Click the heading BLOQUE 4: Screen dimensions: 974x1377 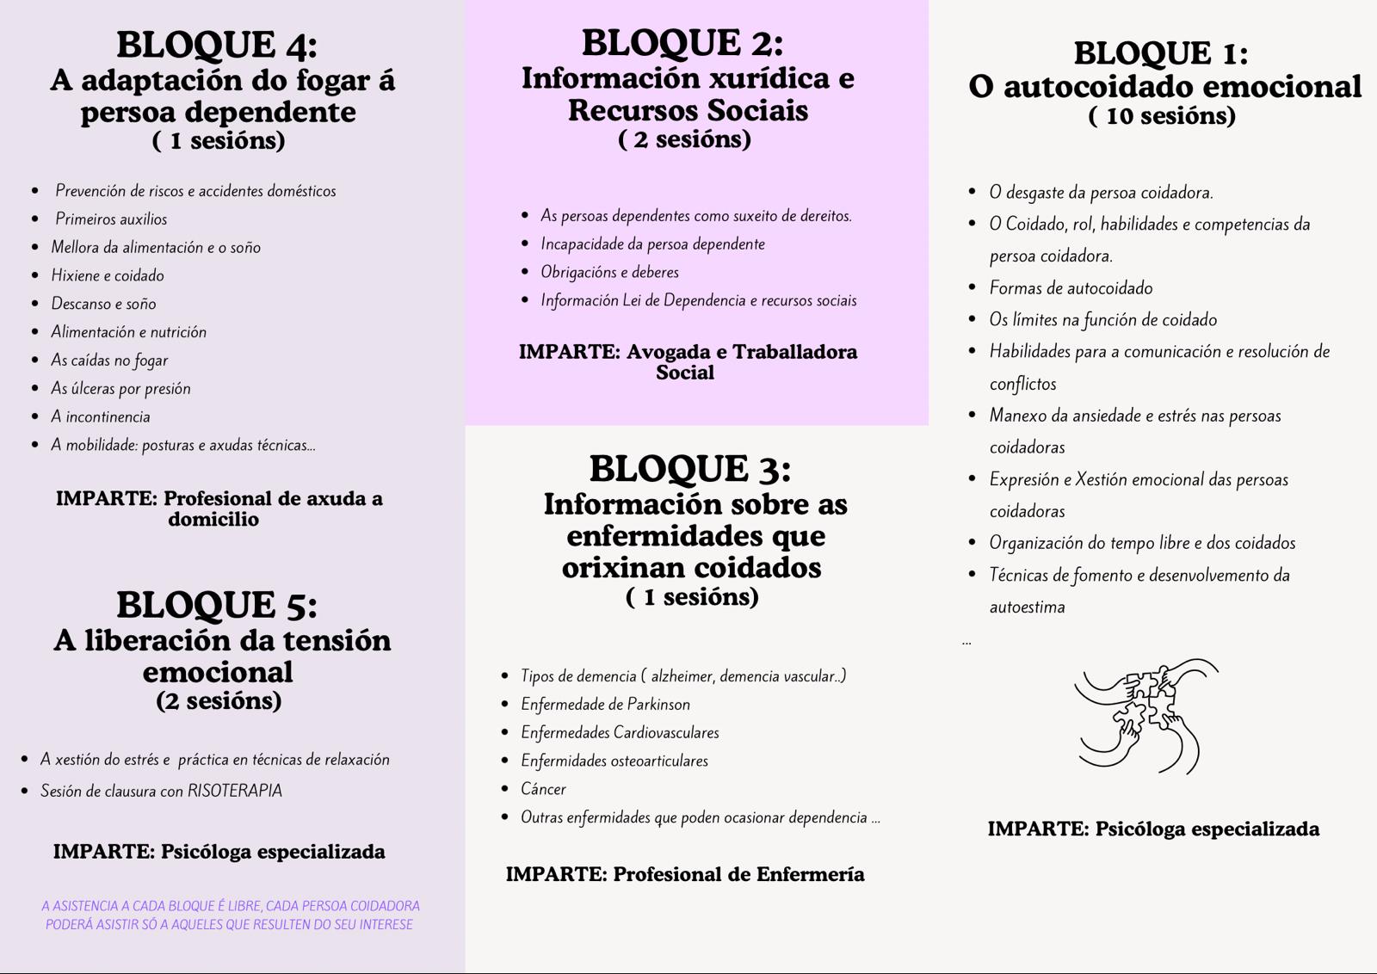point(217,45)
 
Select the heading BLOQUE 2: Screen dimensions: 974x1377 point(682,43)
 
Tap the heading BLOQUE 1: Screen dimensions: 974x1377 point(1161,53)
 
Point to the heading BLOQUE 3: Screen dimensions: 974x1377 point(690,469)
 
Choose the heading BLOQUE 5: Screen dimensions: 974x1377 point(217,605)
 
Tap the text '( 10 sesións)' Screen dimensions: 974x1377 point(1162,116)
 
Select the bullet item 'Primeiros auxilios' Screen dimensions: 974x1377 point(111,219)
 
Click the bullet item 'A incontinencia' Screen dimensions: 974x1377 point(100,417)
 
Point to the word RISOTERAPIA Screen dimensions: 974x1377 point(235,791)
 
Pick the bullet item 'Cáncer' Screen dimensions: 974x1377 point(543,789)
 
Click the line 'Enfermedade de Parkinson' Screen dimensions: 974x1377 point(605,705)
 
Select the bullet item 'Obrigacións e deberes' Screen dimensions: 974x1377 point(609,273)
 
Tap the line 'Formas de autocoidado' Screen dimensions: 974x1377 point(1071,288)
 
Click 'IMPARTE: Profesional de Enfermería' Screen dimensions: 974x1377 point(685,874)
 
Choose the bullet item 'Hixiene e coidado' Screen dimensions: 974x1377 point(108,276)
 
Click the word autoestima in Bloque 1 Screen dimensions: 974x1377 point(1027,607)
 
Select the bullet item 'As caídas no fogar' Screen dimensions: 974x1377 point(109,361)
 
